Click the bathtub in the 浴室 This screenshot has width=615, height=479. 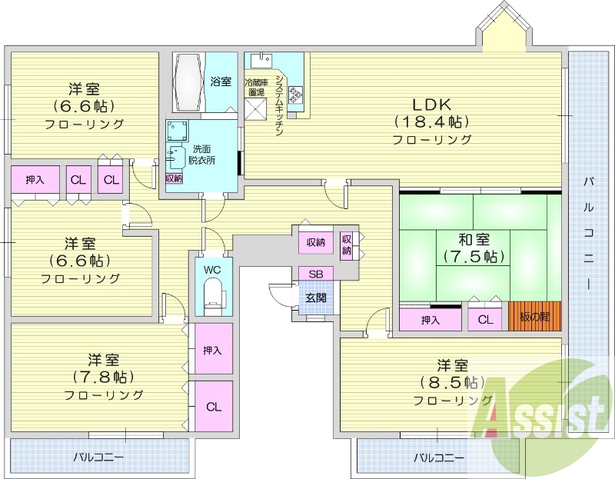point(188,82)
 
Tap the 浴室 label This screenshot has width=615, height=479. point(221,81)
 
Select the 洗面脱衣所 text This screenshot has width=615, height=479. point(202,154)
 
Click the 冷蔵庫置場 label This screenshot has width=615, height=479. point(256,87)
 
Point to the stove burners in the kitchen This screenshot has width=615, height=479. point(295,94)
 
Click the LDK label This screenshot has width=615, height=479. point(431,105)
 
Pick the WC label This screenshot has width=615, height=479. point(212,270)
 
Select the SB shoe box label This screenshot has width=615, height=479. point(316,274)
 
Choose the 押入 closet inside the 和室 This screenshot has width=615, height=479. point(430,320)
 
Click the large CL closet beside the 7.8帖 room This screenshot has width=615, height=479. point(213,407)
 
